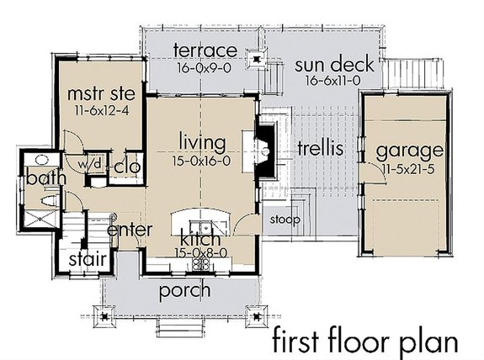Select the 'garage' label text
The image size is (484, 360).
pos(409,151)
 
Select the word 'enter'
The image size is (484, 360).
pos(130,229)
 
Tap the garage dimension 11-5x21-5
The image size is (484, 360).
pos(409,169)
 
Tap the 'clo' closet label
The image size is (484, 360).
pos(126,165)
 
